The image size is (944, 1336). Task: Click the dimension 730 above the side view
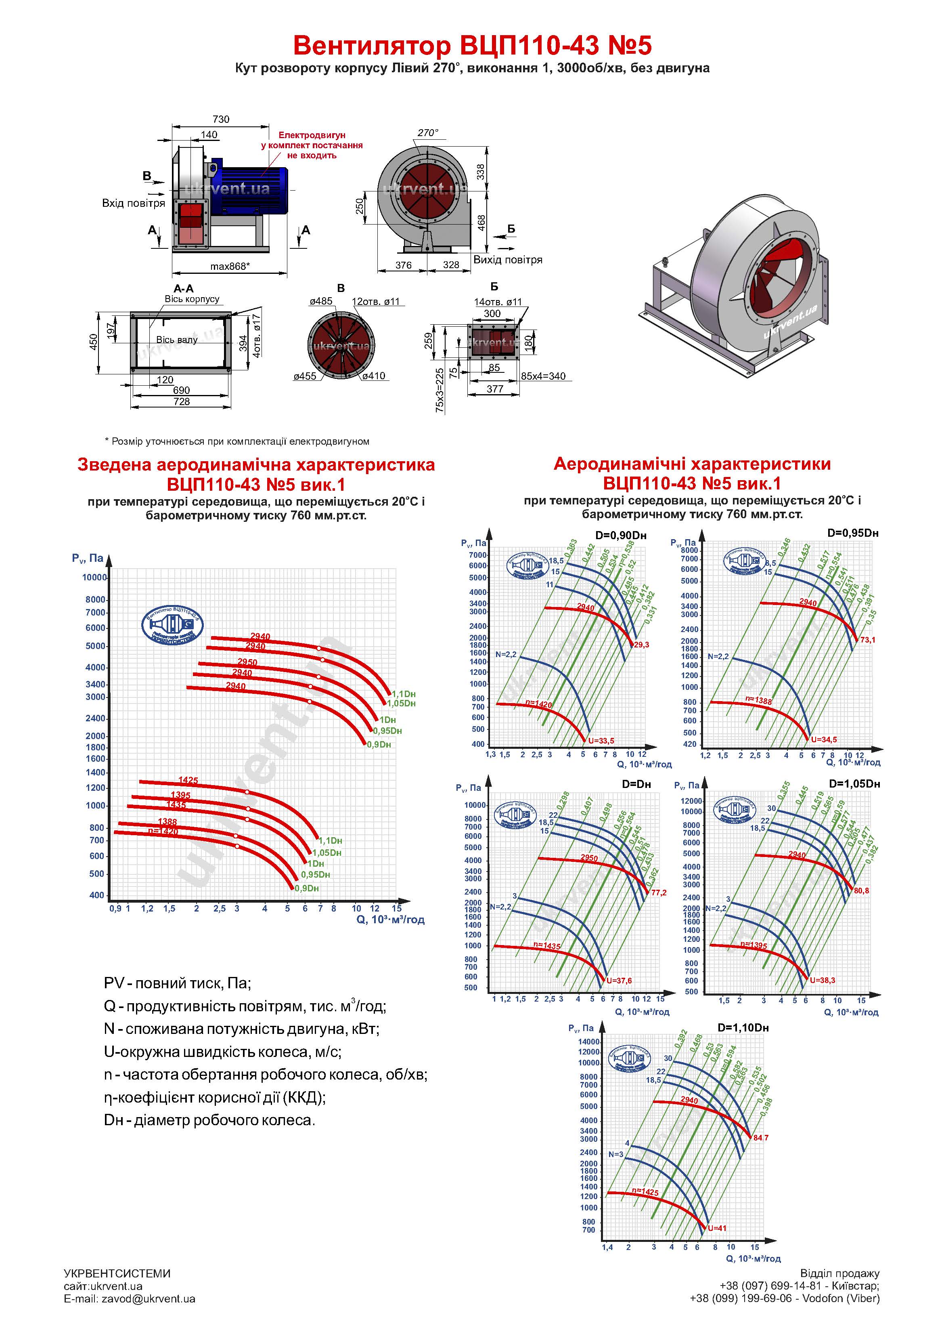tap(221, 119)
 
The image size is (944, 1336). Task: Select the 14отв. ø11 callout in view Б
tap(498, 302)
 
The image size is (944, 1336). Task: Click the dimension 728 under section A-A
tap(182, 401)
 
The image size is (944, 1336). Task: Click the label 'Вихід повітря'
tap(507, 260)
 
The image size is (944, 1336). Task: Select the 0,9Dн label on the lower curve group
tap(306, 889)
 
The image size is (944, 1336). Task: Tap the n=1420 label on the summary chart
tap(163, 832)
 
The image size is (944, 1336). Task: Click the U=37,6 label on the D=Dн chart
tap(619, 981)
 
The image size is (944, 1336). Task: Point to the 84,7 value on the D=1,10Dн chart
tap(761, 1138)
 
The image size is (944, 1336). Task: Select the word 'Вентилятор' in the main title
tap(371, 45)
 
